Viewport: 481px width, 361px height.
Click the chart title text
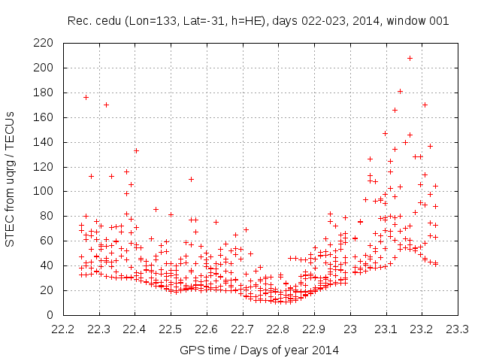tap(258, 21)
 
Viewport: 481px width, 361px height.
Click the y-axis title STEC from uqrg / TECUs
tap(11, 179)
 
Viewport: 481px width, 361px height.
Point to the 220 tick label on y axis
tap(42, 43)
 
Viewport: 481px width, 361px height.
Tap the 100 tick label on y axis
tap(42, 191)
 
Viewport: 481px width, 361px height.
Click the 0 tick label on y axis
tap(49, 314)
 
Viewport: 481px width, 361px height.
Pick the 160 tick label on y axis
tap(42, 117)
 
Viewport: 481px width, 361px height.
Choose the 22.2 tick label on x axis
tap(63, 329)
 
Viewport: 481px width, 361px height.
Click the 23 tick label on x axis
tap(350, 329)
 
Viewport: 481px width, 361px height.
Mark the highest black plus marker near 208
tap(410, 58)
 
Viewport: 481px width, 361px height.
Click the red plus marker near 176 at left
tap(86, 97)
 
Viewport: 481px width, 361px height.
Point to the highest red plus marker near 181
tap(401, 91)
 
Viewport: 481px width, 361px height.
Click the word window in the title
tap(407, 21)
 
